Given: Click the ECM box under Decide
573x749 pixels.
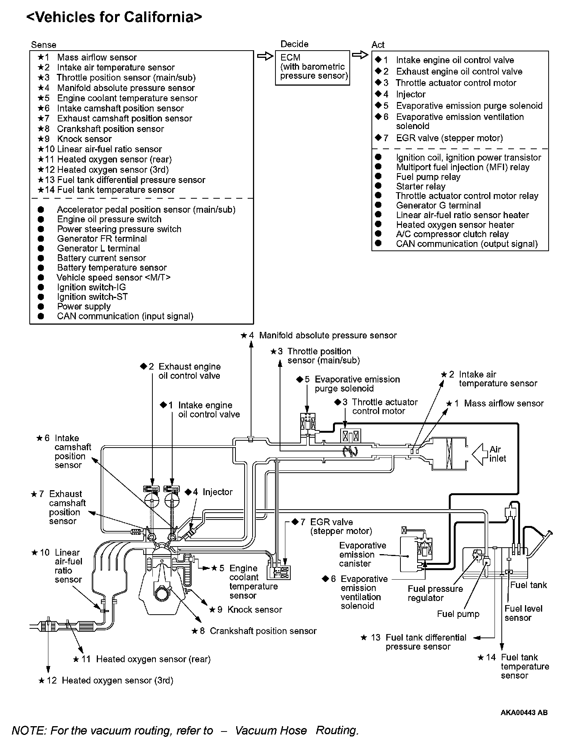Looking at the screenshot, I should (x=312, y=67).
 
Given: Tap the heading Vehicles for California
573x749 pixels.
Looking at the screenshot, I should (x=114, y=17).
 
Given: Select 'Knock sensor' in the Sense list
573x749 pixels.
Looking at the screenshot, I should (x=84, y=139).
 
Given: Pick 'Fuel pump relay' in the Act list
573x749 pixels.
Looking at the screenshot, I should (x=428, y=177).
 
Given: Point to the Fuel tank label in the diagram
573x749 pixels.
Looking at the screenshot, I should (x=528, y=585).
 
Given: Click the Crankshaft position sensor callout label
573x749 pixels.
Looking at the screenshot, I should (x=263, y=631).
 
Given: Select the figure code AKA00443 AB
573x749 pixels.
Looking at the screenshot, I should (x=524, y=712).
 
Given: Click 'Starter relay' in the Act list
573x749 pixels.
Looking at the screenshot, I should (x=420, y=186).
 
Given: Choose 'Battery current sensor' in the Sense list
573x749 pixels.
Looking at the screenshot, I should (x=101, y=258).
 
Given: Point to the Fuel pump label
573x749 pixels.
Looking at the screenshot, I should (x=458, y=614).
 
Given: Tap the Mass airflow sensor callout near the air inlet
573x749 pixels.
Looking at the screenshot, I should (x=503, y=403).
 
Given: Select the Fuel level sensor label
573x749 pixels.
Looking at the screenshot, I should (x=523, y=613).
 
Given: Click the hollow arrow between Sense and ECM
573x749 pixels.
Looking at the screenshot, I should (x=265, y=56).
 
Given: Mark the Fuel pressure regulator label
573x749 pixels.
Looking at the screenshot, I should (x=435, y=593).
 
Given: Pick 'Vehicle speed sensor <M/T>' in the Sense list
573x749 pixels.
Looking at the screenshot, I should (x=114, y=277).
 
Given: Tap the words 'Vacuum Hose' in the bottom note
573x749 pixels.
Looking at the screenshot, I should (x=270, y=730).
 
